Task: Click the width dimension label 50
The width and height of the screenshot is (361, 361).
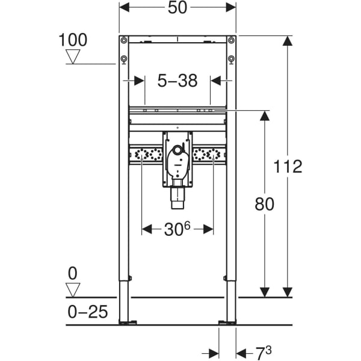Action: click(177, 8)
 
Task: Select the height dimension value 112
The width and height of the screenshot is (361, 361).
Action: click(288, 167)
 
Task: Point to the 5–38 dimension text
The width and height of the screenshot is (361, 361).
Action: click(177, 81)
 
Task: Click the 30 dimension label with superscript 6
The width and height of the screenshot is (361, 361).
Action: click(177, 229)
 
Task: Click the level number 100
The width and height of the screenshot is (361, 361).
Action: click(73, 40)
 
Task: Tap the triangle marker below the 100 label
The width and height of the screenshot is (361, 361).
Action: click(73, 57)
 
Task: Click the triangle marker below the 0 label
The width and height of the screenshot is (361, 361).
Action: click(73, 290)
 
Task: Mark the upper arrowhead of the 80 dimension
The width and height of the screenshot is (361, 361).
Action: click(264, 116)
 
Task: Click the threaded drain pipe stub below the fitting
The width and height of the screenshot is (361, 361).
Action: click(177, 197)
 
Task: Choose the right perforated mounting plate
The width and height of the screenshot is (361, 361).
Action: click(210, 155)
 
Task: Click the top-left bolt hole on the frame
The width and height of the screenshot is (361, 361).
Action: click(123, 41)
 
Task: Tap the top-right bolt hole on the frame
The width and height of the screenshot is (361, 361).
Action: click(231, 41)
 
